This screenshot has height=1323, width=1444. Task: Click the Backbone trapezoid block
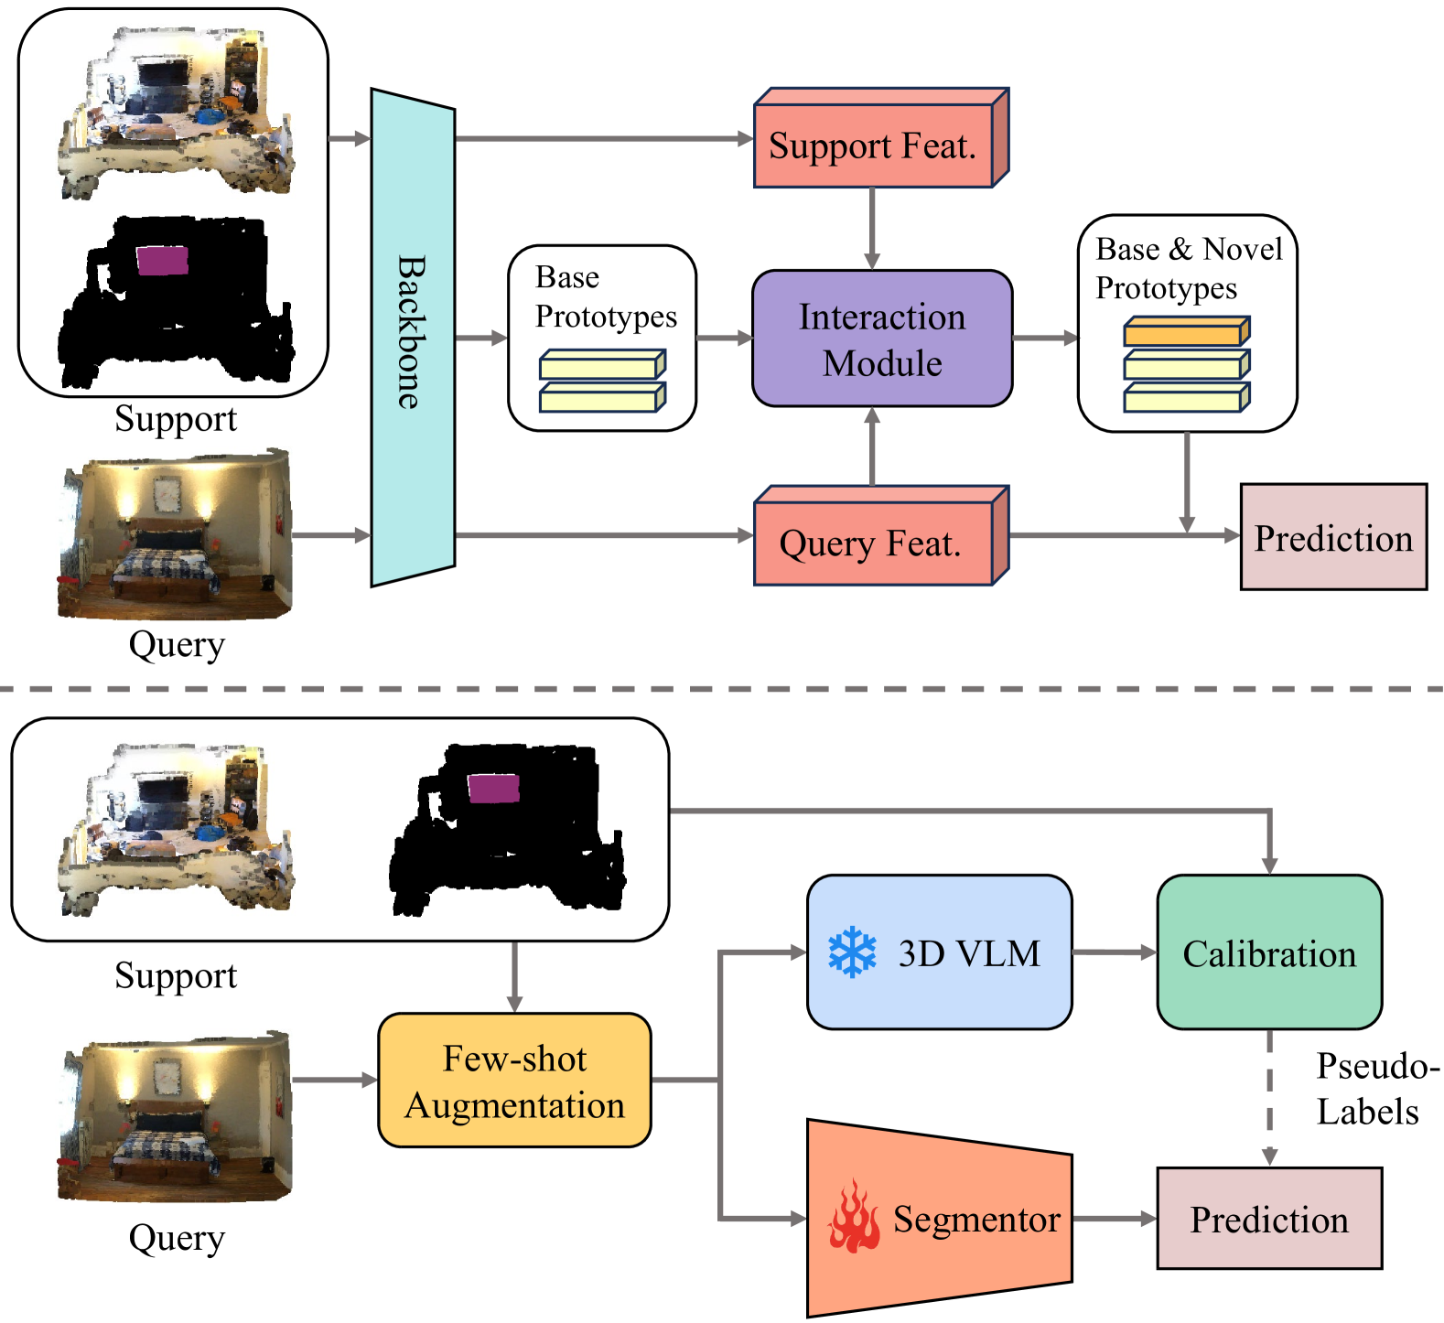click(x=413, y=337)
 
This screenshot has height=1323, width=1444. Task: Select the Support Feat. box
click(x=873, y=145)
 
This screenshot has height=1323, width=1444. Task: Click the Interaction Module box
click(x=881, y=339)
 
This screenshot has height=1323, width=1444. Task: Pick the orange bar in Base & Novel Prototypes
click(x=1185, y=331)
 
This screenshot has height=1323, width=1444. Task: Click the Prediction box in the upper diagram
click(x=1332, y=537)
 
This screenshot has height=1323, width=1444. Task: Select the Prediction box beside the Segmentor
click(x=1268, y=1218)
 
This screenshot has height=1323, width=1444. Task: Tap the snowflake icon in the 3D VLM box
click(x=852, y=952)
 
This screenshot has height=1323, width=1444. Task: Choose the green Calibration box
click(x=1268, y=952)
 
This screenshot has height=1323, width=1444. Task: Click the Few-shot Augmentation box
click(x=514, y=1080)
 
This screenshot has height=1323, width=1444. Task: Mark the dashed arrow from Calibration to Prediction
click(x=1269, y=1098)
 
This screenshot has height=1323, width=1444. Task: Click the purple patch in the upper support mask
click(x=162, y=260)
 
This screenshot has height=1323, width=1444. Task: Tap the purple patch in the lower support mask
click(x=493, y=788)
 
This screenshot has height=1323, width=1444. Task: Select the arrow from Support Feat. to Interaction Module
click(x=872, y=227)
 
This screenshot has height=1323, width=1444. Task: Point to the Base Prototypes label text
click(x=605, y=296)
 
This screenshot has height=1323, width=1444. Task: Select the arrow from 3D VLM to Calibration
click(x=1114, y=952)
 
